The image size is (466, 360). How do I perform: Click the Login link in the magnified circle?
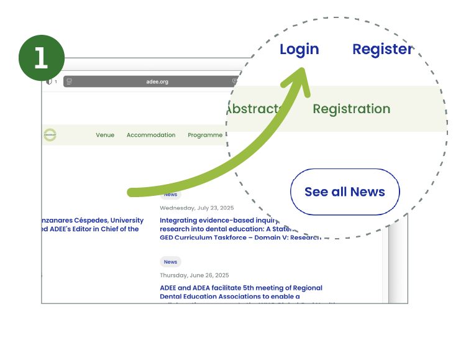click(x=299, y=49)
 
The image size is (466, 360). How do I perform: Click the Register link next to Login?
click(x=382, y=49)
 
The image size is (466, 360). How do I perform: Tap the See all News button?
click(x=345, y=192)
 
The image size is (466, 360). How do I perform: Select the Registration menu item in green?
click(x=351, y=109)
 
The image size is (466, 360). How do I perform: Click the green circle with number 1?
click(x=42, y=58)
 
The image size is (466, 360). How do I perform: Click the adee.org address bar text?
click(x=157, y=81)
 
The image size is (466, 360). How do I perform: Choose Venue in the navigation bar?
click(x=105, y=135)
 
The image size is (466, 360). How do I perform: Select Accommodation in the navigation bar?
click(x=151, y=135)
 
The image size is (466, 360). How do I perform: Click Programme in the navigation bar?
click(x=205, y=135)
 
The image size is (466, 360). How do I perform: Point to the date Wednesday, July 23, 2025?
click(x=194, y=208)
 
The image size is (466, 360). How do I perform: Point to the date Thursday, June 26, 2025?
click(x=194, y=275)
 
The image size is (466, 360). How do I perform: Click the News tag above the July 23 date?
click(x=170, y=195)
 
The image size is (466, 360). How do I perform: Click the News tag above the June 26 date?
click(x=170, y=262)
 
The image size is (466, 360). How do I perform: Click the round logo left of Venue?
click(x=50, y=135)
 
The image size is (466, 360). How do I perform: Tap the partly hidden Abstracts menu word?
click(x=252, y=109)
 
